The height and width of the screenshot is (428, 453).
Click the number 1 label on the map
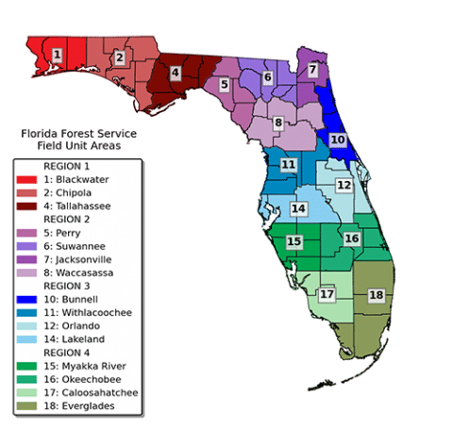pyautogui.click(x=58, y=56)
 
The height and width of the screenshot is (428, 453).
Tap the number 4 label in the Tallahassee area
pyautogui.click(x=176, y=72)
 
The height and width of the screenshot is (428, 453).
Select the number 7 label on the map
pyautogui.click(x=312, y=70)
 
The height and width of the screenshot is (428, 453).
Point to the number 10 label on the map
pyautogui.click(x=337, y=139)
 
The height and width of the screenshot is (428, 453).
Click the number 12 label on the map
pyautogui.click(x=344, y=186)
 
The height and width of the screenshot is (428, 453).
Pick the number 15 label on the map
pyautogui.click(x=294, y=242)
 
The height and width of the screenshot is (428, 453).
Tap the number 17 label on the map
pyautogui.click(x=327, y=295)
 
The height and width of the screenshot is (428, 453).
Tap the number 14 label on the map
pyautogui.click(x=298, y=208)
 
